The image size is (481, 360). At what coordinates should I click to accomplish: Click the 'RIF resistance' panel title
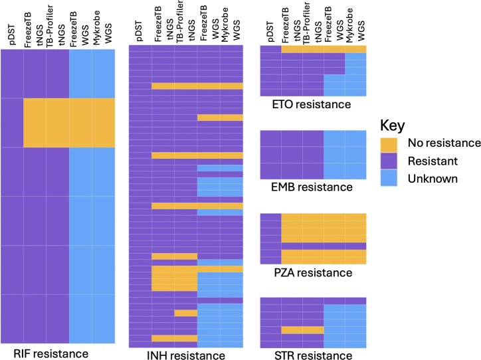51,353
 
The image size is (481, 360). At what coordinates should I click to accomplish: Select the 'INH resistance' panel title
186,355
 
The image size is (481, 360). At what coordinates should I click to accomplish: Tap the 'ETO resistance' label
312,104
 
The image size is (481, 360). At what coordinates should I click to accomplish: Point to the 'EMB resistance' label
312,187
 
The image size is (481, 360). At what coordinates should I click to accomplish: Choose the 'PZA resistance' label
313,272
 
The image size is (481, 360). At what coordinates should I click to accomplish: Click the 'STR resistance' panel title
313,355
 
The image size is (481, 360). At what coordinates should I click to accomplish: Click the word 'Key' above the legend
393,126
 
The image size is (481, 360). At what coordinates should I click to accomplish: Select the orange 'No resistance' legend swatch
389,145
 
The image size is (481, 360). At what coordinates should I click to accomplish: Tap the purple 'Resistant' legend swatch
389,161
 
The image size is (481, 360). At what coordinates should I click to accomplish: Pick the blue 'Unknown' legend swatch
389,178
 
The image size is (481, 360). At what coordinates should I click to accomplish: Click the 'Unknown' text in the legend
433,179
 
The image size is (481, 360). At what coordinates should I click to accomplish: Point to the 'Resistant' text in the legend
433,161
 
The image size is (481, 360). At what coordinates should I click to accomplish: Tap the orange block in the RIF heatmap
69,123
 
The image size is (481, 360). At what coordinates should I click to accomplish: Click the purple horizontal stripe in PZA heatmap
324,246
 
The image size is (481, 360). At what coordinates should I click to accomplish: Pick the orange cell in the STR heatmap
302,330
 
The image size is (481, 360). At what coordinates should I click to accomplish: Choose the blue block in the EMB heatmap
345,155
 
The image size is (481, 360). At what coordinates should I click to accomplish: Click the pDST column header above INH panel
139,32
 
